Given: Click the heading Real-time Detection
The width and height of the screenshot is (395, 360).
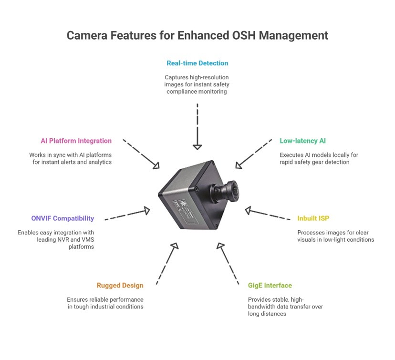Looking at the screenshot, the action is point(197,63).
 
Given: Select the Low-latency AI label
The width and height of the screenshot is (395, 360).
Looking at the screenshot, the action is point(302,141).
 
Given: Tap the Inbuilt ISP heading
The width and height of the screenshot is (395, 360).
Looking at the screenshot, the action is point(313,218).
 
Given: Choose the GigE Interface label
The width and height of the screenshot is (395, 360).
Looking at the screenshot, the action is point(270,286).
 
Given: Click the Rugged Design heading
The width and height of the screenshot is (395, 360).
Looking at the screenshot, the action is point(120,286).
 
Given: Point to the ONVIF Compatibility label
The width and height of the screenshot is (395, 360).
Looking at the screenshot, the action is point(62,218).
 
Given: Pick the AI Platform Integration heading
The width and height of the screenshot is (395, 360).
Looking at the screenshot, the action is point(76,141).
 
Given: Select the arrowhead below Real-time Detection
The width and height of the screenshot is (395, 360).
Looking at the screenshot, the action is point(197,147).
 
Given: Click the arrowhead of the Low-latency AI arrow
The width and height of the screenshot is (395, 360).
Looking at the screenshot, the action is point(239,165).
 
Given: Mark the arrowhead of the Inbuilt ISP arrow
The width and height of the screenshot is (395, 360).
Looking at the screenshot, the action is point(249,210).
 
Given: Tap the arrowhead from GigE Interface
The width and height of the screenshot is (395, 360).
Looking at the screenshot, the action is point(220,246).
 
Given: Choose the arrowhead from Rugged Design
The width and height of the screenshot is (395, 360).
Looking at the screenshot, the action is point(175,246).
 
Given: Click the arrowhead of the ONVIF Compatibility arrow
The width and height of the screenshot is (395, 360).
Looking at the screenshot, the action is point(146,210).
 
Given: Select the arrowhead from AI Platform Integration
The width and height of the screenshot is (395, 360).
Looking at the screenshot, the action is point(156,165).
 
